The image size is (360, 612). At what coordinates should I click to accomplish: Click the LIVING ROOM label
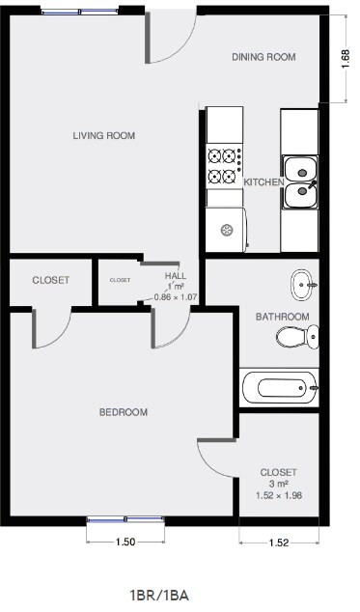(103, 135)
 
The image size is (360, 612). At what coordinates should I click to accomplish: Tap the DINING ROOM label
(263, 57)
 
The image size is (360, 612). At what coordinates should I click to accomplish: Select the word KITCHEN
(263, 182)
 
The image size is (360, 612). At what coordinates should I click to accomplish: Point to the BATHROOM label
(282, 317)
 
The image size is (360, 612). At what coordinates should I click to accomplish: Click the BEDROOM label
(124, 412)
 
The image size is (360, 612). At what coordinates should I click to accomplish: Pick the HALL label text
(176, 275)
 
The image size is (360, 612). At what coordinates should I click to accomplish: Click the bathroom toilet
(297, 337)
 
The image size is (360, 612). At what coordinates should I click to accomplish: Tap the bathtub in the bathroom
(280, 388)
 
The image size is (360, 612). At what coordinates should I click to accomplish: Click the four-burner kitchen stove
(224, 165)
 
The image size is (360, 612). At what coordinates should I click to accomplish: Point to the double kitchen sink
(300, 183)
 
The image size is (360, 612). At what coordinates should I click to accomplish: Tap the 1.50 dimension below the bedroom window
(125, 542)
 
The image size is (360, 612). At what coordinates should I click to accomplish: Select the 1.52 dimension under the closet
(279, 542)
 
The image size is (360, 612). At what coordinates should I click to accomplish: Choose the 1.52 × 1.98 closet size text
(279, 495)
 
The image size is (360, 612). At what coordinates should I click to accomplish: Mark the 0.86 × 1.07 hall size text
(176, 297)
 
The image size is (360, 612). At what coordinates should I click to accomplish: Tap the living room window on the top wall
(74, 12)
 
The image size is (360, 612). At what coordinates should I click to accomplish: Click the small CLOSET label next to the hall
(120, 281)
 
